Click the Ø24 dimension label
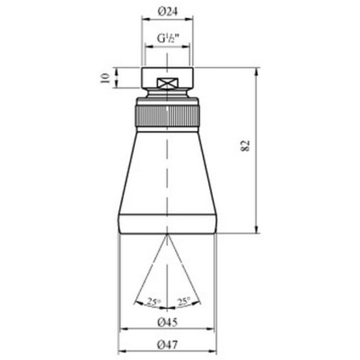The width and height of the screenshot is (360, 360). tap(168, 13)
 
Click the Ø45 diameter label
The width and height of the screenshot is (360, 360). tap(168, 322)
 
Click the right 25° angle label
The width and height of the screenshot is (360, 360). tap(184, 302)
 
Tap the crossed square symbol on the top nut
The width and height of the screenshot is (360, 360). tap(168, 84)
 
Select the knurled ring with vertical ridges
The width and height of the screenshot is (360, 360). tap(168, 116)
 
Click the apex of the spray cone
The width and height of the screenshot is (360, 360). tap(168, 235)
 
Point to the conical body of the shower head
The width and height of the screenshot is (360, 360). tap(168, 171)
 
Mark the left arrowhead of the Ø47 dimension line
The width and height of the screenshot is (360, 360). tap(121, 351)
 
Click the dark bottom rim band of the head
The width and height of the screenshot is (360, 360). tap(168, 224)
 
